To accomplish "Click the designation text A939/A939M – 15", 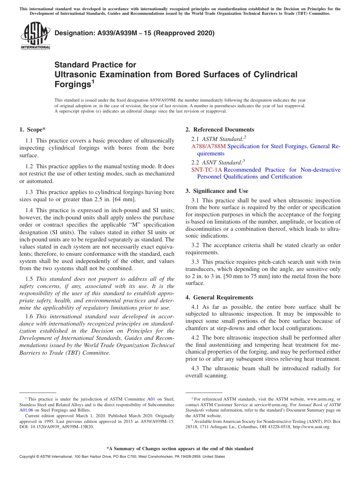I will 115,33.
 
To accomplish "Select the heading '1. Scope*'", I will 31,130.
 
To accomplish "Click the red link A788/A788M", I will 208,146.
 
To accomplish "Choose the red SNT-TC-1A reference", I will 207,170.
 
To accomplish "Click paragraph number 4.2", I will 196,338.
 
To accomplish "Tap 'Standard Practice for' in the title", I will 95,65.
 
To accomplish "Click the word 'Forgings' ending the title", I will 72,84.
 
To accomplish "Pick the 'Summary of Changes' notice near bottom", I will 180,449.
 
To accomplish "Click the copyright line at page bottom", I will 122,457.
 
